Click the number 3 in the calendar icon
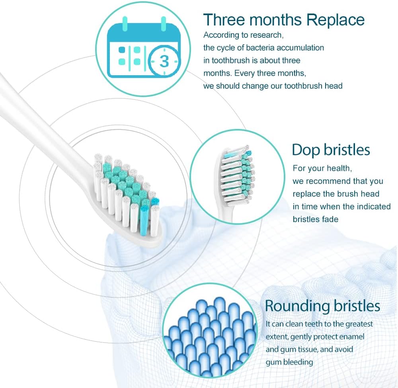164,61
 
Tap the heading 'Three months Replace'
284,19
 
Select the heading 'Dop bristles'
331,150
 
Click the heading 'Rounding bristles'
322,306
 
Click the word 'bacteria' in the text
258,48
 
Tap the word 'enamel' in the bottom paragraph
350,337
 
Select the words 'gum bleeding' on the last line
289,362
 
